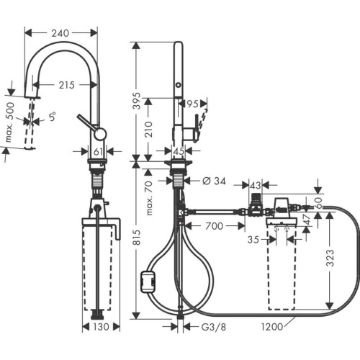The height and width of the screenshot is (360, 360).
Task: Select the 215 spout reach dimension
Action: tap(67, 86)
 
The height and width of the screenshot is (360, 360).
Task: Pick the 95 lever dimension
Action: tap(192, 104)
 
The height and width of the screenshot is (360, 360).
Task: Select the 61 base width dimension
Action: tap(99, 151)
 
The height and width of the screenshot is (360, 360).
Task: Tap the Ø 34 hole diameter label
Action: tap(211, 180)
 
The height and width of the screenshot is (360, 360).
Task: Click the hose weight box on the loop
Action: tap(150, 279)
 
